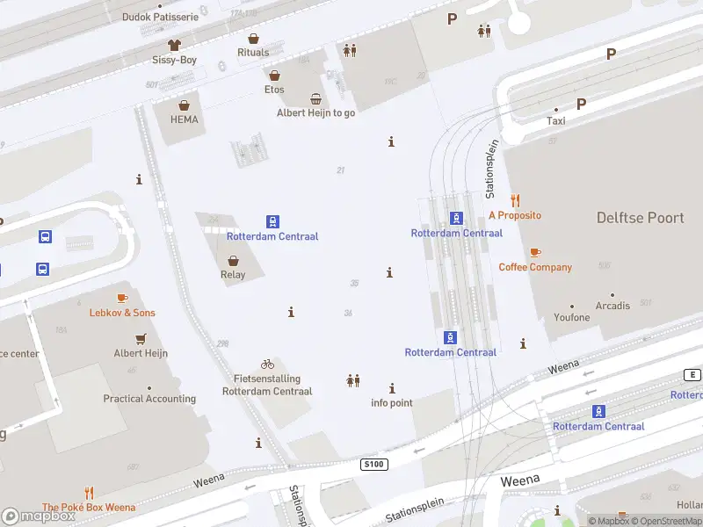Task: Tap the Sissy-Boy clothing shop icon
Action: click(174, 45)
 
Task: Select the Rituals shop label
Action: click(253, 53)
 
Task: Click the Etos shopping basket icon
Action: click(274, 76)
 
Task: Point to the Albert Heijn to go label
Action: click(315, 112)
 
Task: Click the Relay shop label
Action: click(233, 274)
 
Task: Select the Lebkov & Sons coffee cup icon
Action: click(122, 299)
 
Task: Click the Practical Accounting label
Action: click(149, 399)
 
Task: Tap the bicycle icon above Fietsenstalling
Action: click(267, 364)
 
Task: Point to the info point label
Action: click(391, 403)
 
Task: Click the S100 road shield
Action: click(373, 463)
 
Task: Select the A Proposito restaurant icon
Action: click(515, 200)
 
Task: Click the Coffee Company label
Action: click(535, 267)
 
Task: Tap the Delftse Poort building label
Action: click(640, 218)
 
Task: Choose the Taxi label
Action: click(555, 121)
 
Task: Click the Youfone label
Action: click(571, 317)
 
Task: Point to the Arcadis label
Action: click(612, 306)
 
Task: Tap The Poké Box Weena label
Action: click(89, 507)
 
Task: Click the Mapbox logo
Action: click(39, 516)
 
